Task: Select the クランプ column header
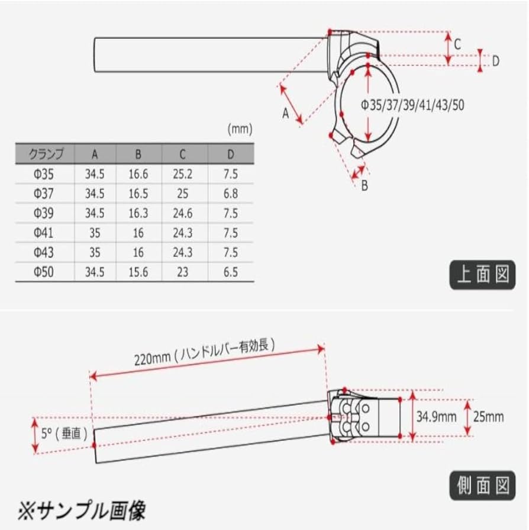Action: (x=45, y=155)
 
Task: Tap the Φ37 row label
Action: (x=43, y=194)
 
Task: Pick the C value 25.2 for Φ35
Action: (x=182, y=174)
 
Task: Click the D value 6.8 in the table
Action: (x=231, y=194)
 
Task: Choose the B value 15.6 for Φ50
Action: (x=138, y=272)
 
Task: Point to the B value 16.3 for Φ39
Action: (x=138, y=213)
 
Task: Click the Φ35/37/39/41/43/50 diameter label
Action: (x=412, y=105)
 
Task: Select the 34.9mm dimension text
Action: (x=436, y=416)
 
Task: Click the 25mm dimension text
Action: (x=489, y=416)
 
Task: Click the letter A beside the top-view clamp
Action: (x=285, y=113)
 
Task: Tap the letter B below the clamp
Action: (x=365, y=185)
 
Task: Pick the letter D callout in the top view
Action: (x=496, y=60)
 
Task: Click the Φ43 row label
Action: (x=43, y=252)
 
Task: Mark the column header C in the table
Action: (x=182, y=155)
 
